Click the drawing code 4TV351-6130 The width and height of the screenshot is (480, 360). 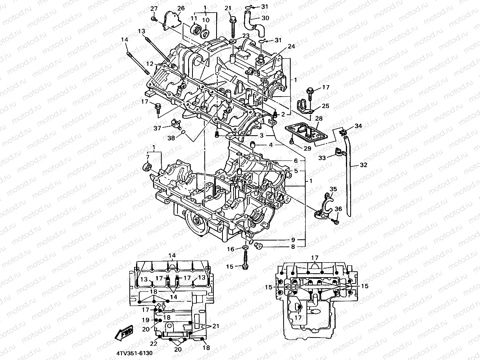click(x=134, y=353)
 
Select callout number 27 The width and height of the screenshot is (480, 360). click(x=154, y=9)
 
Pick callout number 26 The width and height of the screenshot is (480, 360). click(x=181, y=8)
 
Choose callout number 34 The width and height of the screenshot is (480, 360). click(x=358, y=126)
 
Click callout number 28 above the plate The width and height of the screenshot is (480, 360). click(x=318, y=119)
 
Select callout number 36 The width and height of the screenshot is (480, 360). click(x=338, y=209)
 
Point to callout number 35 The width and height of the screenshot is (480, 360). click(x=333, y=189)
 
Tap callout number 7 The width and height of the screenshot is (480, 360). click(x=148, y=157)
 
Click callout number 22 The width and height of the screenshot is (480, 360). click(x=153, y=344)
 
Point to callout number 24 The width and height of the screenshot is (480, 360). click(x=291, y=46)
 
